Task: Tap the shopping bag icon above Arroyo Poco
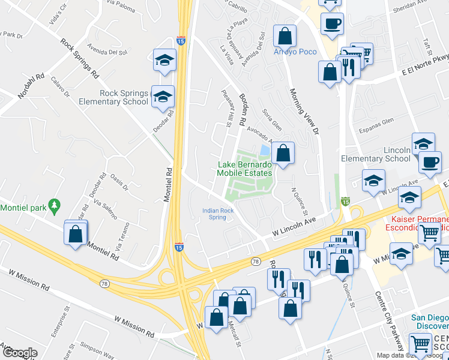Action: [285, 35]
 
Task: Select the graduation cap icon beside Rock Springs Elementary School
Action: [162, 97]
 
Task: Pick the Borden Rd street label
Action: [242, 109]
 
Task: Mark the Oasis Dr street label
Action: [120, 182]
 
